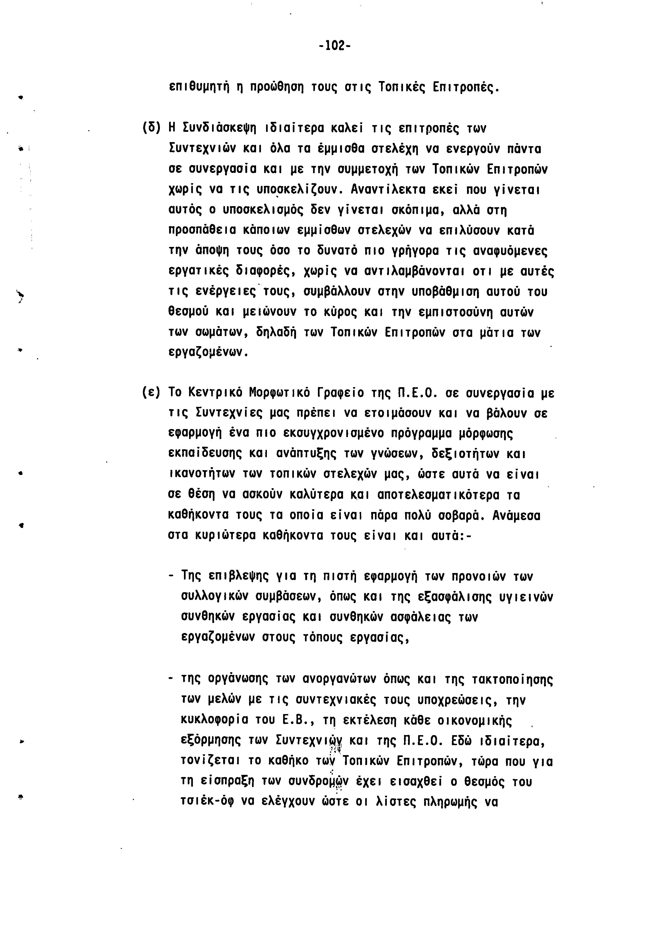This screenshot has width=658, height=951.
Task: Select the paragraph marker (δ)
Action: point(151,128)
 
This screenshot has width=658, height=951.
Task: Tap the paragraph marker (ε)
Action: point(151,393)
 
